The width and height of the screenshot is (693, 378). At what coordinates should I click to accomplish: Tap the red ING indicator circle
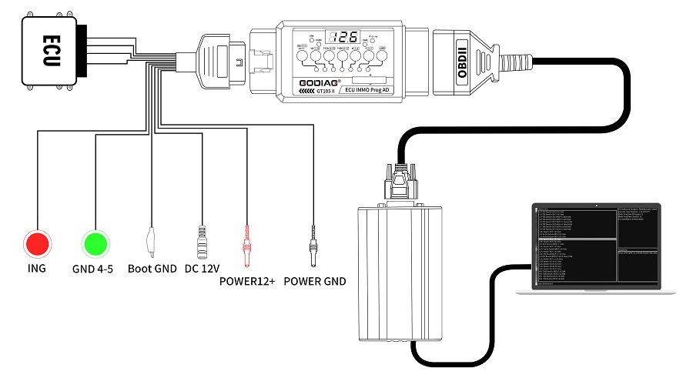[x=36, y=244]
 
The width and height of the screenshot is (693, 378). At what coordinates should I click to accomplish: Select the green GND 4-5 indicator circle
[x=97, y=244]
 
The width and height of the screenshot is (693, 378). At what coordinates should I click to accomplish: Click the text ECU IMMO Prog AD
[x=382, y=89]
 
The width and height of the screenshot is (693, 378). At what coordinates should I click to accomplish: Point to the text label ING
[x=36, y=269]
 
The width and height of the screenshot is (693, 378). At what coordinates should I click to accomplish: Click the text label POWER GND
[x=314, y=281]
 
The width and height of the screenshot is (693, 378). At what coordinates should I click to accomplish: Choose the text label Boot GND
[x=152, y=269]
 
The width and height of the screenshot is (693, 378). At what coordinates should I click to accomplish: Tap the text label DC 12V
[x=203, y=269]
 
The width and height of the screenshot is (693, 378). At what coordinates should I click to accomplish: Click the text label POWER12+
[x=247, y=281]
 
